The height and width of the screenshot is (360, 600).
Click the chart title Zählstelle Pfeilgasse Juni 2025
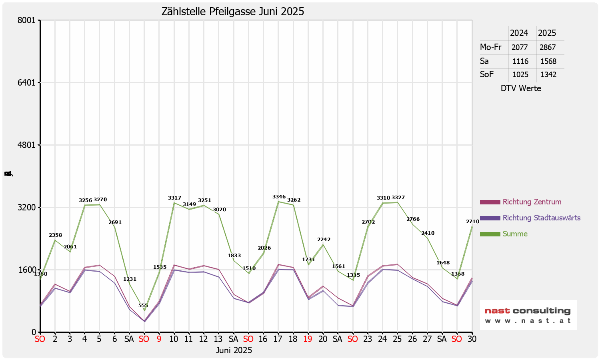(232, 12)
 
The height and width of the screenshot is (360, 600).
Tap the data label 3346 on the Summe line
(279, 197)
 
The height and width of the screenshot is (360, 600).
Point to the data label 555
(143, 306)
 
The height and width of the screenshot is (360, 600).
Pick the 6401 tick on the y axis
(28, 83)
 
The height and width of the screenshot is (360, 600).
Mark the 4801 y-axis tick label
(28, 145)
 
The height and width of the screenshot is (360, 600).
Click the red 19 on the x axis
(308, 339)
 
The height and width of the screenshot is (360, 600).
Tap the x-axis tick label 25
(397, 339)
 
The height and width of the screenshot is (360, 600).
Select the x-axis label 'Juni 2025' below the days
(234, 350)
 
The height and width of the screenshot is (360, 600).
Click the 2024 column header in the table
(519, 33)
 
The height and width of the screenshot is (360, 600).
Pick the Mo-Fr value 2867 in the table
(548, 47)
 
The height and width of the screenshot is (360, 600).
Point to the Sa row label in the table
(484, 61)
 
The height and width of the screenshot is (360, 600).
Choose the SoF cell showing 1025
(520, 75)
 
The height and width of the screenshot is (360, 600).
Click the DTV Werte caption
(521, 88)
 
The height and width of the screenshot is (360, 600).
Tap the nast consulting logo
(528, 315)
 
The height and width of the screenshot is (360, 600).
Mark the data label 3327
(398, 198)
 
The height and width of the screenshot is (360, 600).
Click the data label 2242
(324, 240)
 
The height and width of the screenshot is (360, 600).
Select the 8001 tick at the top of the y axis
(28, 20)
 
